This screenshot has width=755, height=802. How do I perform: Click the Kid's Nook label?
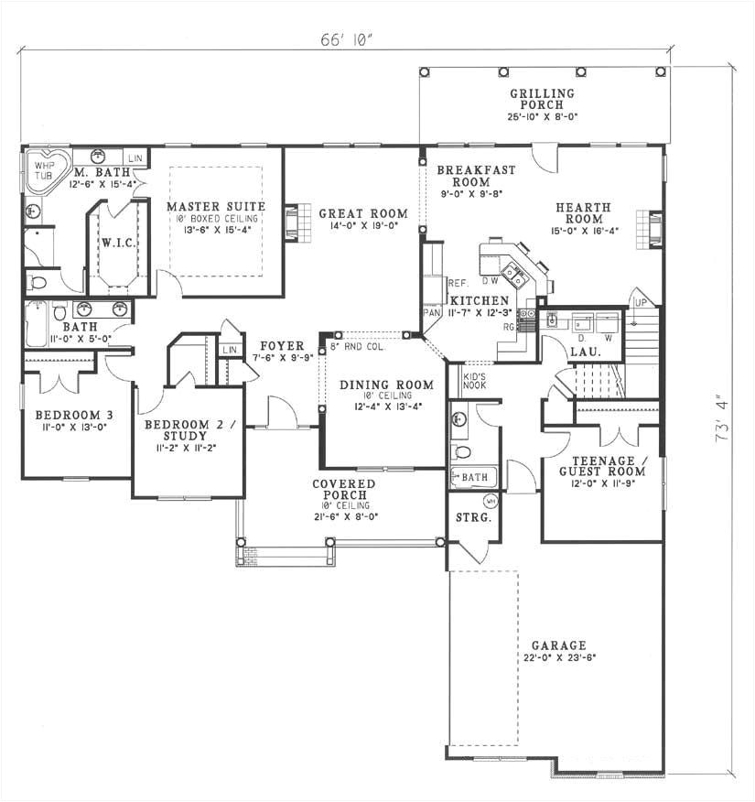pyautogui.click(x=474, y=381)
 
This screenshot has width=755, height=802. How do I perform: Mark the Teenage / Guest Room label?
pyautogui.click(x=603, y=466)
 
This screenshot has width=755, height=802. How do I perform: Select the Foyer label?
pyautogui.click(x=282, y=346)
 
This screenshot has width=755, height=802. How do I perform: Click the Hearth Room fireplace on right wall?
pyautogui.click(x=654, y=229)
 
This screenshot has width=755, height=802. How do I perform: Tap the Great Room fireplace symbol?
pyautogui.click(x=292, y=222)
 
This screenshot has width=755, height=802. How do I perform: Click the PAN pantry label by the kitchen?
pyautogui.click(x=432, y=313)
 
